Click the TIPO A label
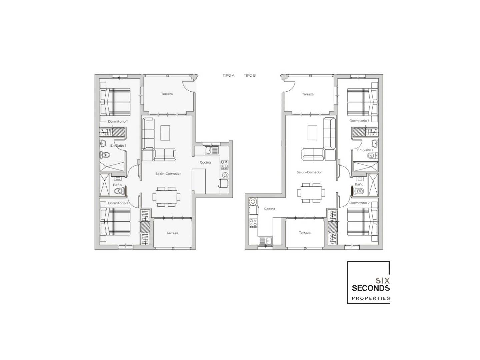point(229,75)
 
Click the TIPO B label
point(250,75)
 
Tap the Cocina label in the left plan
point(205,162)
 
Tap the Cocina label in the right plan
point(270,209)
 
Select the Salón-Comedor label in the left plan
point(168,174)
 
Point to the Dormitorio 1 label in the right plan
point(359,121)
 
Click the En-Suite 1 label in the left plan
point(118,146)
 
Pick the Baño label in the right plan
point(359,184)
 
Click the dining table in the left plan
point(166,197)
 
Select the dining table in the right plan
point(311,193)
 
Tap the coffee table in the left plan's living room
point(165,133)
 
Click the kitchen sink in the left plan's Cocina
point(212,150)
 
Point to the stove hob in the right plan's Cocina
point(253,223)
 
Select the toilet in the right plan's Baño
point(358,191)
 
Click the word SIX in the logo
point(382,281)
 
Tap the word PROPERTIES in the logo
point(371,298)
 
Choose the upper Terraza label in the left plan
point(167,94)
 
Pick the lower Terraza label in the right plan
point(305,233)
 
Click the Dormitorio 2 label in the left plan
point(118,203)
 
